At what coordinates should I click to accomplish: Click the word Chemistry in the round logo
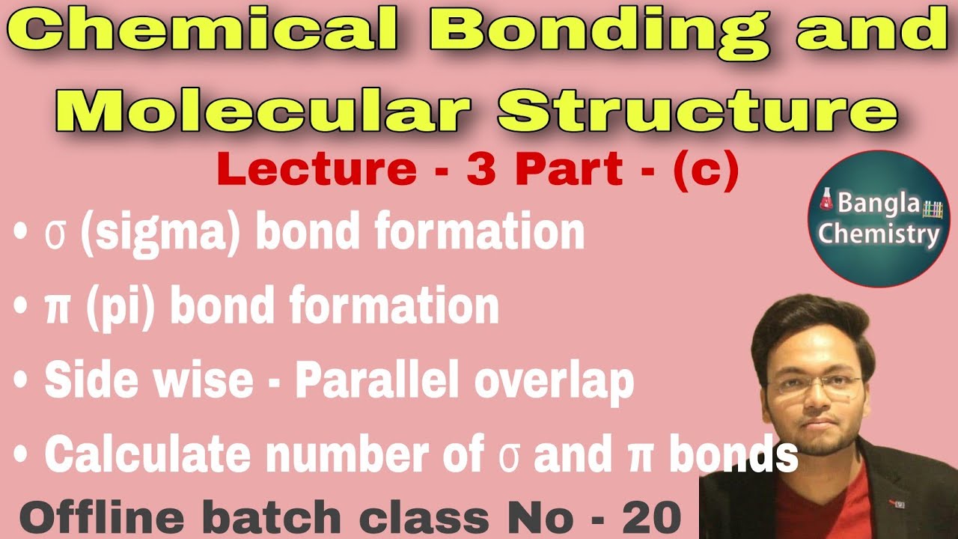pyautogui.click(x=879, y=234)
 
